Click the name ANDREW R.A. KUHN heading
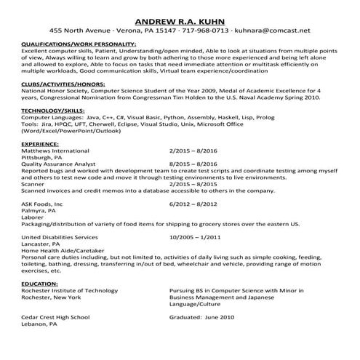click(x=180, y=18)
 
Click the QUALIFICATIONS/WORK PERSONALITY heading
click(x=79, y=45)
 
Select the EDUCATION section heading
click(x=40, y=282)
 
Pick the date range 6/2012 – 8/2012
click(x=193, y=205)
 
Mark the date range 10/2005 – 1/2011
click(x=195, y=237)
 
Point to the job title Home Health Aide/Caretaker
click(x=60, y=251)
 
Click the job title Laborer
click(x=33, y=218)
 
